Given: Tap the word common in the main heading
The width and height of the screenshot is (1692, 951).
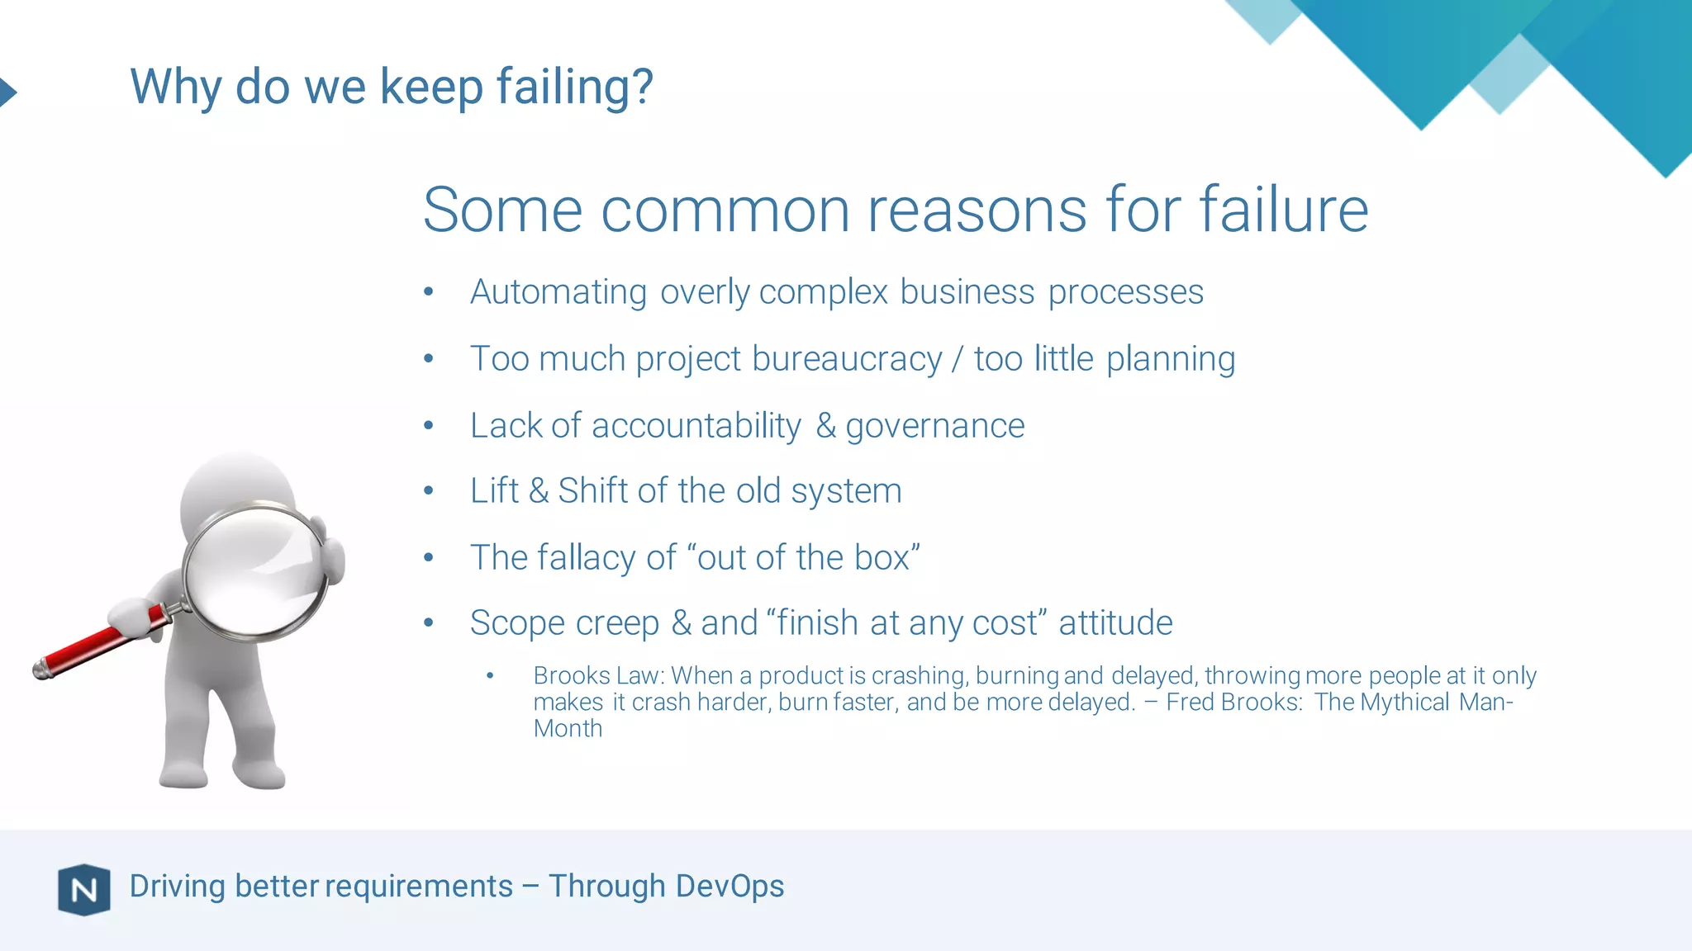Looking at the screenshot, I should tap(725, 211).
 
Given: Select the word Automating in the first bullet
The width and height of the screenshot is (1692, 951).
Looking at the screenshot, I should tap(558, 292).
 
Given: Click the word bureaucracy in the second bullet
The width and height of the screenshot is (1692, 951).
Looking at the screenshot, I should tap(846, 359).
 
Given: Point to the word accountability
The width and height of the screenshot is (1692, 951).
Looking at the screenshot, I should tap(696, 426).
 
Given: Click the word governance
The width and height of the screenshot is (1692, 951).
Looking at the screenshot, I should tap(934, 426).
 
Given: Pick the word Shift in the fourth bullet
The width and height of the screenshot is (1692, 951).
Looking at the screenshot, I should tap(593, 491).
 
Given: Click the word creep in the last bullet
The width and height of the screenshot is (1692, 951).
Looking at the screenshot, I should tap(617, 623).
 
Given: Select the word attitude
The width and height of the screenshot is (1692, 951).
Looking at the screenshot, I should tap(1115, 623).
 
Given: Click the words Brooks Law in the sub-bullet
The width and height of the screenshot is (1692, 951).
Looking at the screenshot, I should tap(596, 676).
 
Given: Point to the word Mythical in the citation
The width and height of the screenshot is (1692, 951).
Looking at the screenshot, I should tap(1404, 703).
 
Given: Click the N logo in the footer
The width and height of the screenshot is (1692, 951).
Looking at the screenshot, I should tap(83, 889).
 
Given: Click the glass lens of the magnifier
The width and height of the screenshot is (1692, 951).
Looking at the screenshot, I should tap(254, 571).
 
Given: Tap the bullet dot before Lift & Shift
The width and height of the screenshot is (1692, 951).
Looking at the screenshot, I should tap(428, 491).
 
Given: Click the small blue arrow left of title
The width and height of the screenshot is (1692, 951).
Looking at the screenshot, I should tap(7, 92).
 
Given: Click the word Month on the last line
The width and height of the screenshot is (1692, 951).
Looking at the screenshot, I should tap(568, 729).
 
